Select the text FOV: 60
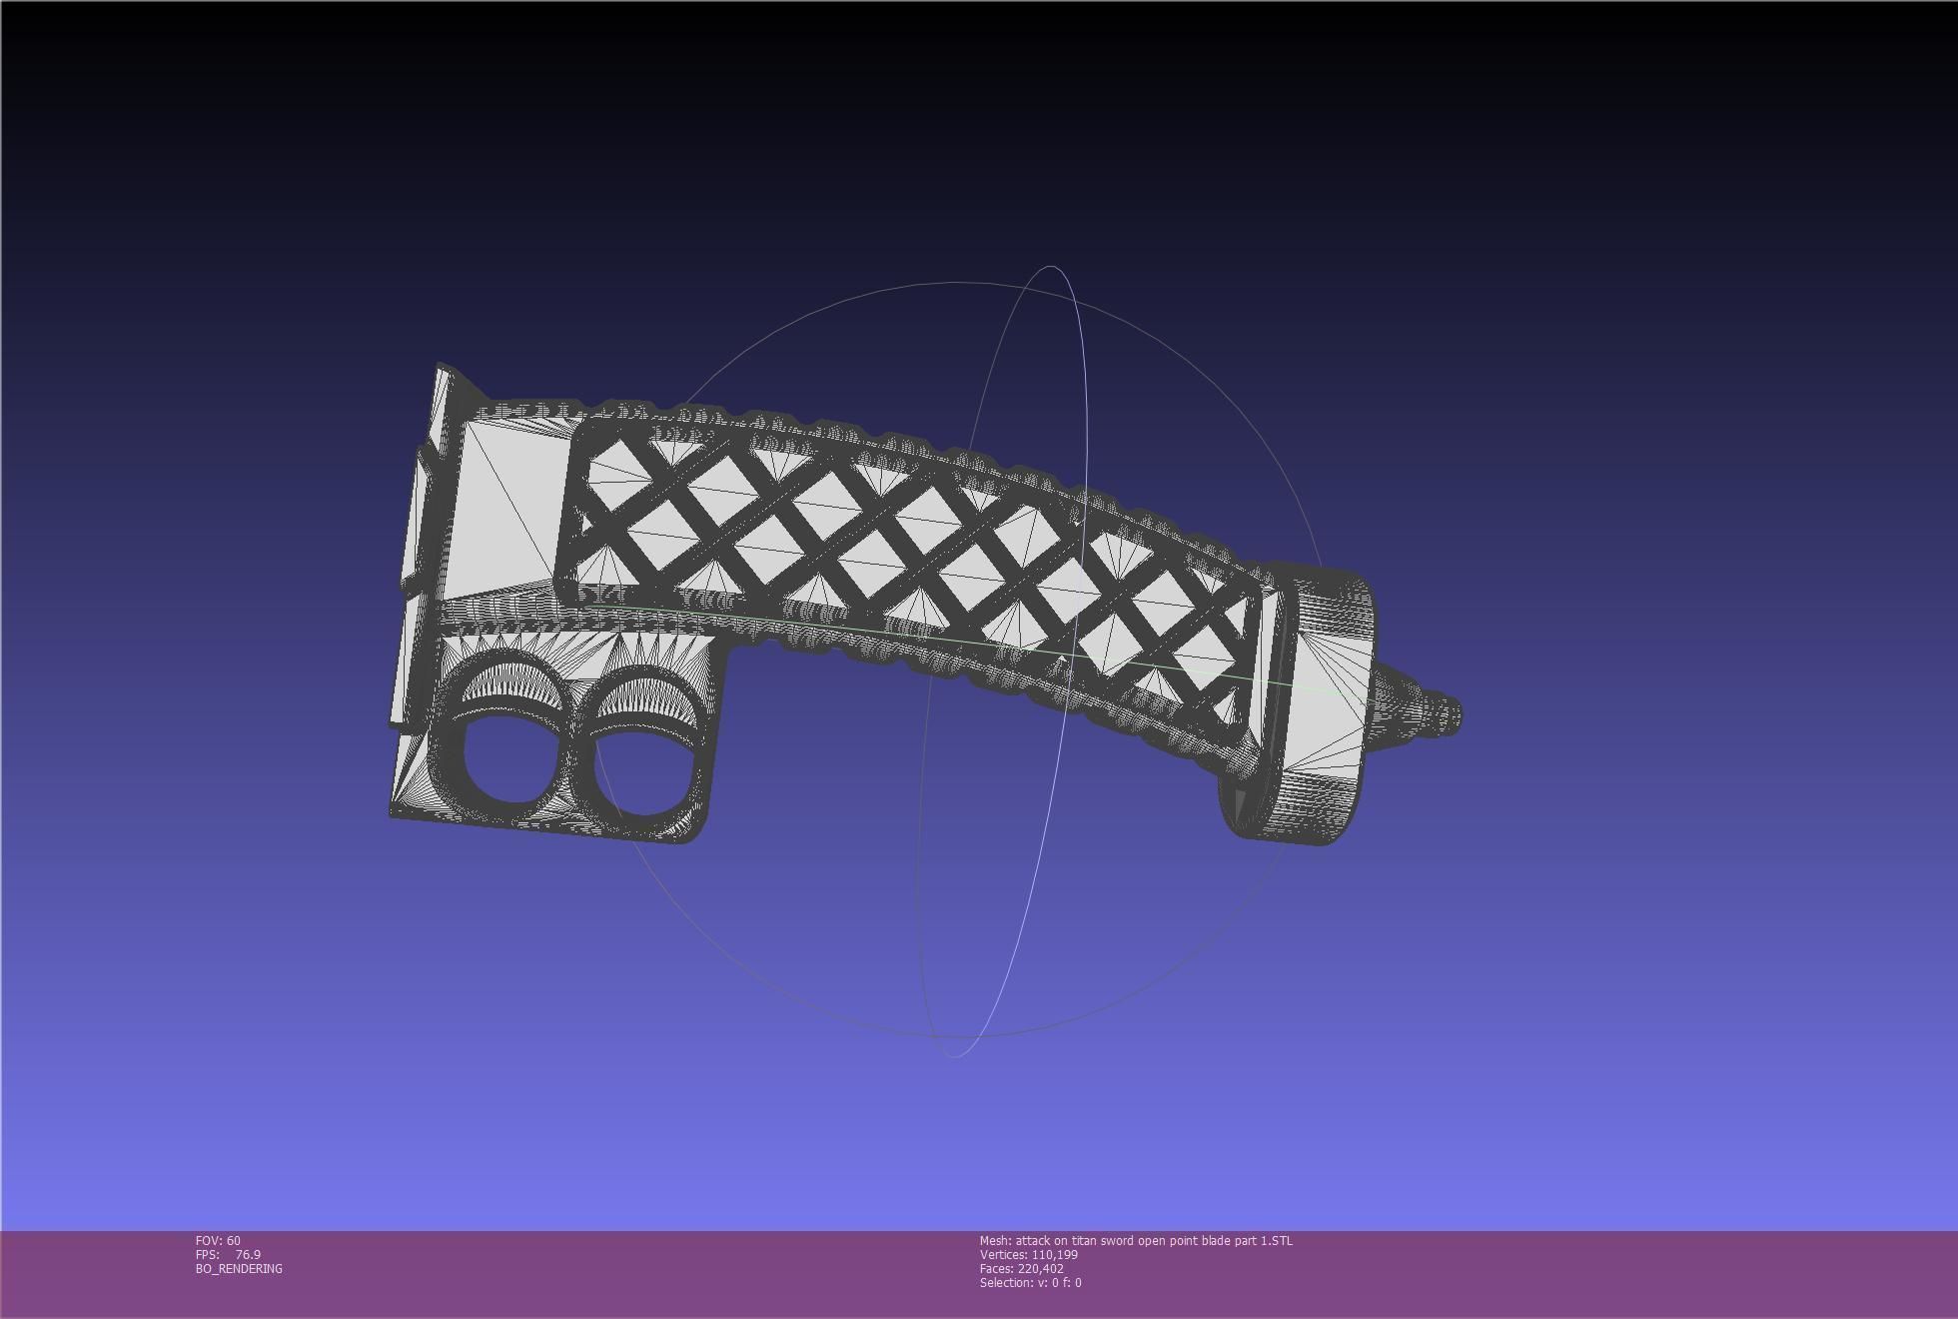(218, 1241)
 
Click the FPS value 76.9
(248, 1255)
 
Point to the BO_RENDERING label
(239, 1269)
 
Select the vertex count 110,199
(1055, 1255)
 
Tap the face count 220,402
(1041, 1269)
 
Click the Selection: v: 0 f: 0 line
(1030, 1283)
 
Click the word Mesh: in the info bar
(995, 1241)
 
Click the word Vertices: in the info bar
(1003, 1255)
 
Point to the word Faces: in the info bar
(997, 1269)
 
